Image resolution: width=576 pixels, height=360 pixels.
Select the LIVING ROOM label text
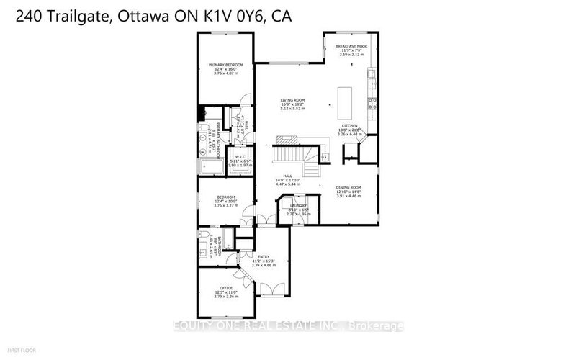tap(293, 100)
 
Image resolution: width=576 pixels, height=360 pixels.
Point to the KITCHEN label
tap(349, 125)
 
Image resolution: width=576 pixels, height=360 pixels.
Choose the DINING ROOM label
tap(348, 187)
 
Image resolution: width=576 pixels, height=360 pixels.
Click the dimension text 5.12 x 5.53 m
tap(293, 109)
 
